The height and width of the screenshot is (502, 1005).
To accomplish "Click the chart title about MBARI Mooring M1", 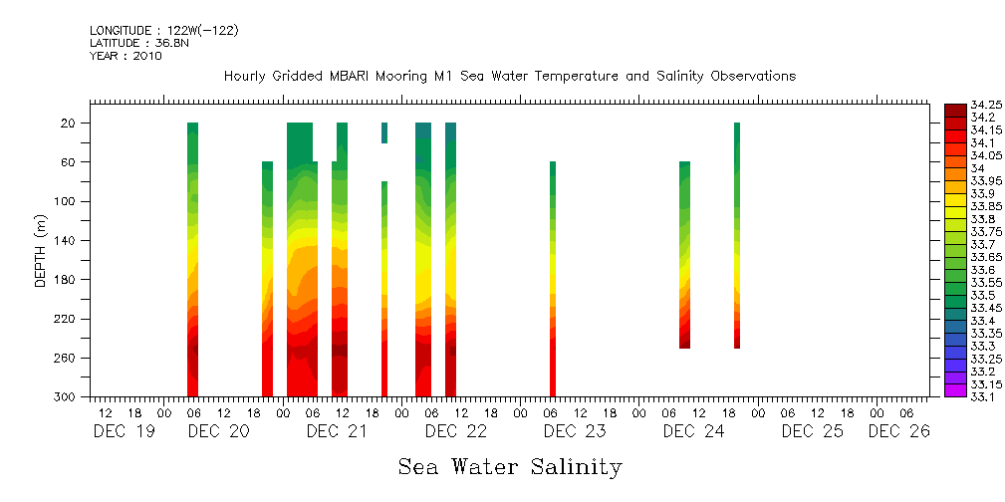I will pos(509,77).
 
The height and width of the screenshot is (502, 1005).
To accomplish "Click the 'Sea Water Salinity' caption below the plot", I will pos(510,466).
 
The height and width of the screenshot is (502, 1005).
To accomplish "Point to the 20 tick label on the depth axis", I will pos(70,124).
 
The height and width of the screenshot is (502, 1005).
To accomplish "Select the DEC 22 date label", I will pos(456,431).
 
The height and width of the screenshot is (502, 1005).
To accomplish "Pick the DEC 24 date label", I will pos(693,431).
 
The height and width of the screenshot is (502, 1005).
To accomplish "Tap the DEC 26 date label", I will pos(898,431).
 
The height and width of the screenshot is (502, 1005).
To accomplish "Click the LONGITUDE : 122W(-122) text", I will pos(163,31).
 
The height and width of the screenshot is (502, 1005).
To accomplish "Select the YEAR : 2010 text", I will pos(126,56).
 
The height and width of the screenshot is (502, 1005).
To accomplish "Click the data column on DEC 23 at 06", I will pos(553,279).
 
